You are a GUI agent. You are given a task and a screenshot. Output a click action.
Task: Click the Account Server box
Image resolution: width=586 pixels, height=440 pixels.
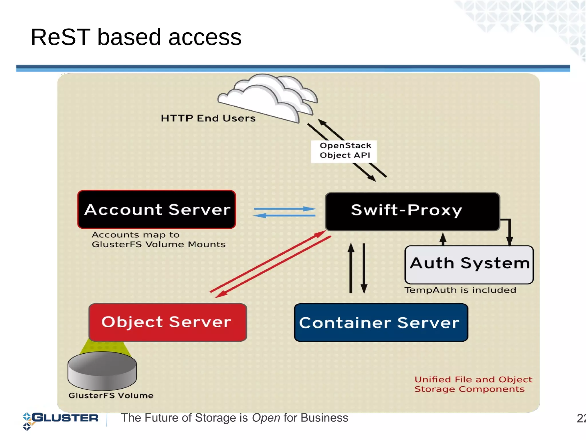point(157,210)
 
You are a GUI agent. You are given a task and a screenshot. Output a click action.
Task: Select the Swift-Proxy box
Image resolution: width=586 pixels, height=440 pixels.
point(412,212)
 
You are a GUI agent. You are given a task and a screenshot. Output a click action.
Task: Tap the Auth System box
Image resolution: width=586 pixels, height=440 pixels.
point(469,264)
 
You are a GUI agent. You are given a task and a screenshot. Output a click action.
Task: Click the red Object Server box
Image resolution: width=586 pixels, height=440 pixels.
point(168,322)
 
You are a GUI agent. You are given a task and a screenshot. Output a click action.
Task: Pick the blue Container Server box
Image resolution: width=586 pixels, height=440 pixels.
point(381,322)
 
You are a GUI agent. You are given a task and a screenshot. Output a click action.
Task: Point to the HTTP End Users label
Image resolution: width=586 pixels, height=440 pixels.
point(208,118)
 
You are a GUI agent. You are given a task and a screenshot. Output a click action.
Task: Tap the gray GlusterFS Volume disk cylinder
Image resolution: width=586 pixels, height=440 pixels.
point(102,371)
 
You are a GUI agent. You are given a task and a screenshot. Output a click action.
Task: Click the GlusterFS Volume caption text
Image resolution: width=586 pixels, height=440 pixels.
point(111,395)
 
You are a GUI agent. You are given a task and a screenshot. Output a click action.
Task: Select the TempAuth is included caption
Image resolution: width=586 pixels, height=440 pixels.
point(460,290)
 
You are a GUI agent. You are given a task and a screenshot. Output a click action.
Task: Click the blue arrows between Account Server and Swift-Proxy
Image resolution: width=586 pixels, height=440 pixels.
point(284,212)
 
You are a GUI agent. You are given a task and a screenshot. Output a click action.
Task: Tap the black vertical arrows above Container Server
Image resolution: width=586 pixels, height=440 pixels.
point(357,268)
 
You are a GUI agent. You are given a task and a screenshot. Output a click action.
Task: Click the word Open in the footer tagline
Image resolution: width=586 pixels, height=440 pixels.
point(266,418)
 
